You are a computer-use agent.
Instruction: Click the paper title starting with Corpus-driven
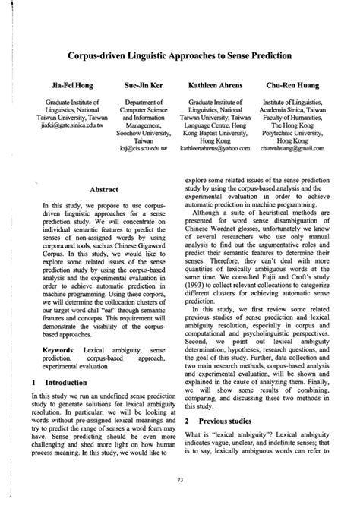coord(180,56)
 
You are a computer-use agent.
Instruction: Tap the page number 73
coord(180,479)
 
